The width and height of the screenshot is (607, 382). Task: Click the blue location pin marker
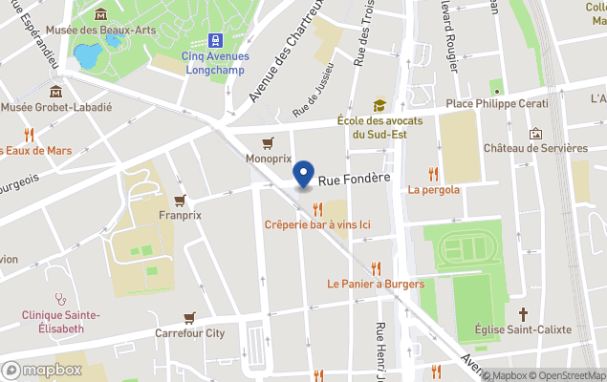coord(304,175)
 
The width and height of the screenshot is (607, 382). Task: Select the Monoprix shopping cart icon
coord(268,143)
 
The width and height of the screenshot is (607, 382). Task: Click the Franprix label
coord(180,215)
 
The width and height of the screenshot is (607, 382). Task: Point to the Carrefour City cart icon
coord(189,317)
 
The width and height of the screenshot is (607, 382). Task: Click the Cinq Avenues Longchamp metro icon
coord(214,41)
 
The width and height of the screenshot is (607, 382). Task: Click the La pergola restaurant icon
coord(433,174)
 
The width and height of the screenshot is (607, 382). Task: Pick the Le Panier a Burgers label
coord(375,284)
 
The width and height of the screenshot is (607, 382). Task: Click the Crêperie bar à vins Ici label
coord(317,224)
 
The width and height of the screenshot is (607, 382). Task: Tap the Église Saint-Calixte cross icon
coord(523,313)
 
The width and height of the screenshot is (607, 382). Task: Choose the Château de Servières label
coord(535,148)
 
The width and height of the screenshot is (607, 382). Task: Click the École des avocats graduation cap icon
coord(379,105)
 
